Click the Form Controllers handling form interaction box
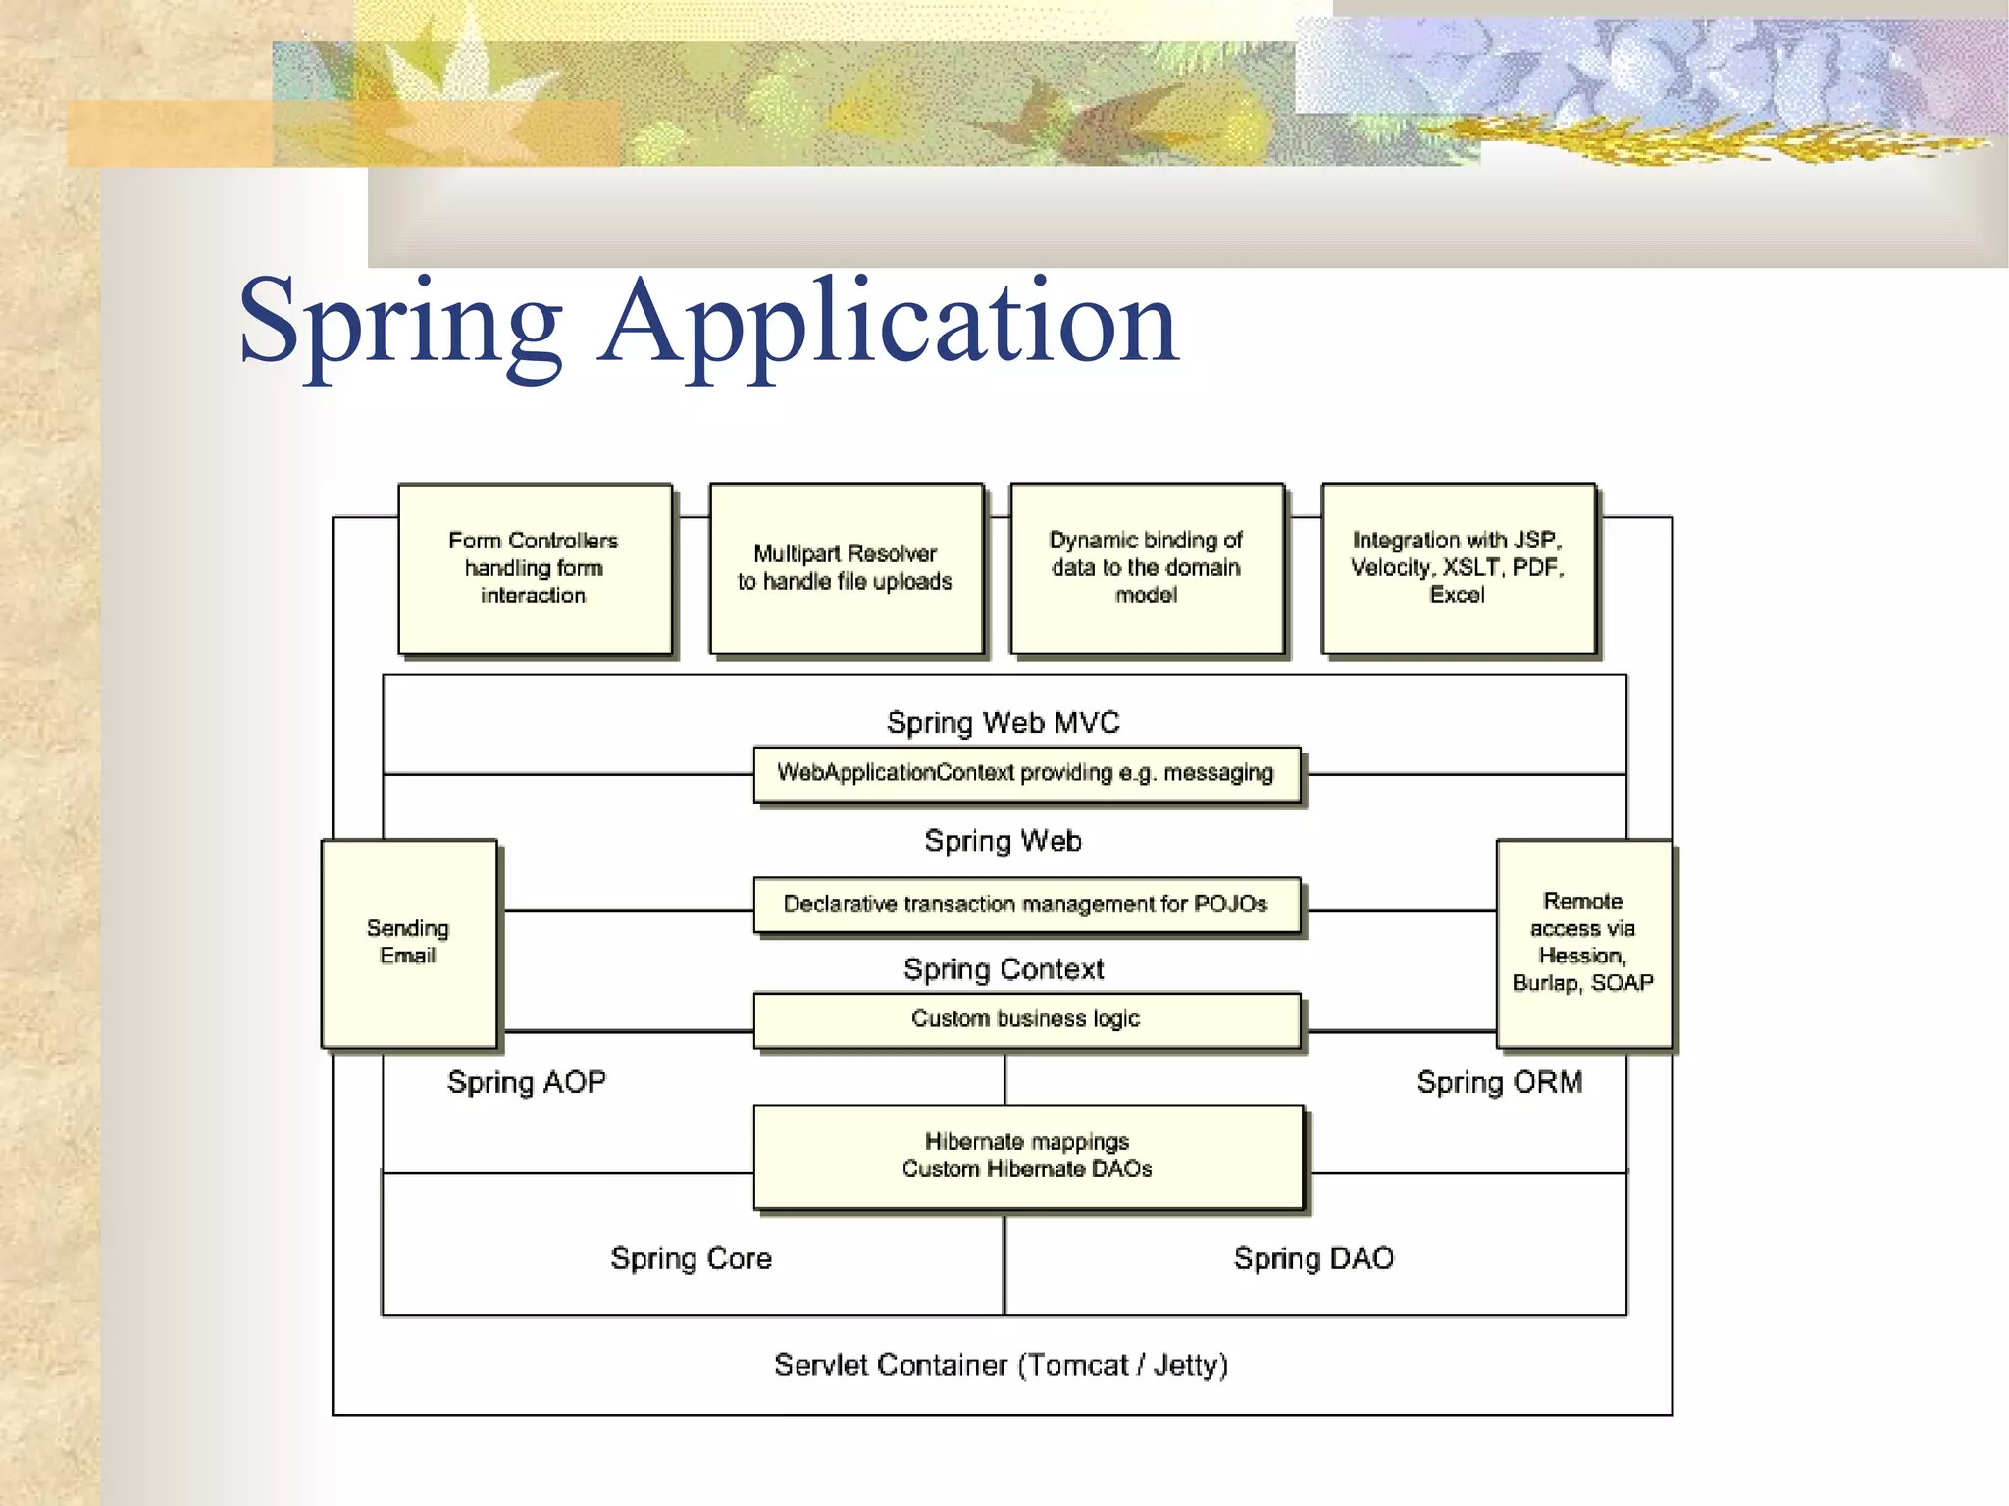click(535, 568)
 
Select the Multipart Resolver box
click(846, 568)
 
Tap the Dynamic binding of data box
click(1147, 568)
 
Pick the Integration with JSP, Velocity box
click(1458, 568)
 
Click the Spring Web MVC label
click(1003, 723)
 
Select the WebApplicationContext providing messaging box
click(1026, 774)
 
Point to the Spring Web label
click(1003, 841)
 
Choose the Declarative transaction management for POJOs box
click(1026, 905)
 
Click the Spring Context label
click(1003, 969)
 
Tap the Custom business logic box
click(1026, 1019)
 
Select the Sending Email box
click(409, 943)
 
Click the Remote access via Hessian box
click(1583, 943)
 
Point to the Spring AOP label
click(527, 1082)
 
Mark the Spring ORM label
click(1500, 1082)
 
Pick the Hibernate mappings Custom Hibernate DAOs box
click(1028, 1156)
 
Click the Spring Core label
click(692, 1258)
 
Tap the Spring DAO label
click(1314, 1258)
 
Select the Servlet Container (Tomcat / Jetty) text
click(1001, 1365)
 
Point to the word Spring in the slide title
click(400, 324)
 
